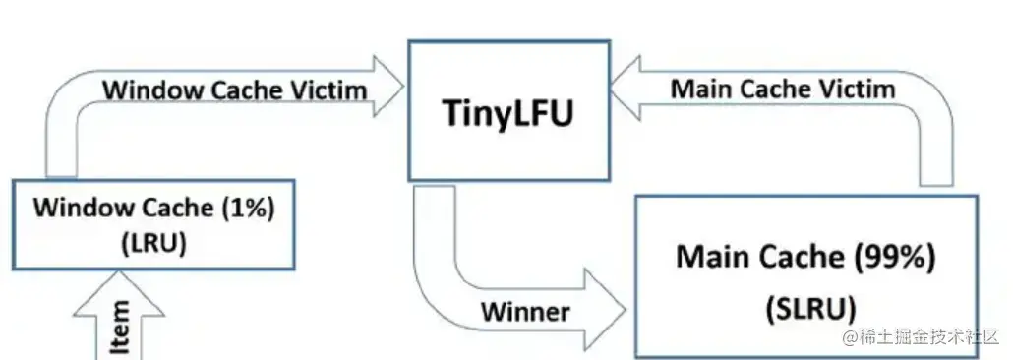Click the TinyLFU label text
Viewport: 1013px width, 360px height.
click(x=505, y=115)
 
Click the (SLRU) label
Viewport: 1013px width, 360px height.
click(x=805, y=306)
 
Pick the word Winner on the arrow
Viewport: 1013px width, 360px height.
click(x=525, y=312)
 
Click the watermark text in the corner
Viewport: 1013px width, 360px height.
click(x=921, y=337)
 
